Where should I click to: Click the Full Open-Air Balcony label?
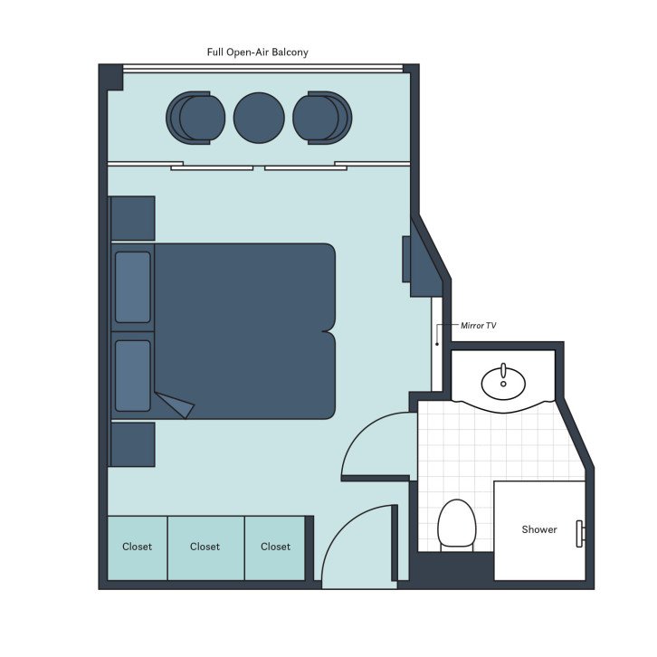[x=258, y=52]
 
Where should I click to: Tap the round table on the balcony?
[x=259, y=118]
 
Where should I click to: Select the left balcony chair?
[x=195, y=118]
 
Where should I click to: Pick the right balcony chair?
[x=322, y=118]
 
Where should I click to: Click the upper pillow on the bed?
[x=133, y=287]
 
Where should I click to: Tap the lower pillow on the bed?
[x=133, y=375]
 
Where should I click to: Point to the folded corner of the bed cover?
[x=176, y=405]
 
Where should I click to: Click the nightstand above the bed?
[x=133, y=218]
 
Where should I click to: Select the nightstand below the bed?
[x=133, y=444]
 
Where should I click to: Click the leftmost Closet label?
[x=138, y=547]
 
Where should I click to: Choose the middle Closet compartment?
[x=205, y=547]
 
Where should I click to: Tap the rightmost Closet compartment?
[x=275, y=547]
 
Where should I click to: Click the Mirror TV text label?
[x=479, y=326]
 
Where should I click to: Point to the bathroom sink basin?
[x=503, y=383]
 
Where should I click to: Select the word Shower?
[x=539, y=529]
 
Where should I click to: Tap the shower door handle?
[x=580, y=535]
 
